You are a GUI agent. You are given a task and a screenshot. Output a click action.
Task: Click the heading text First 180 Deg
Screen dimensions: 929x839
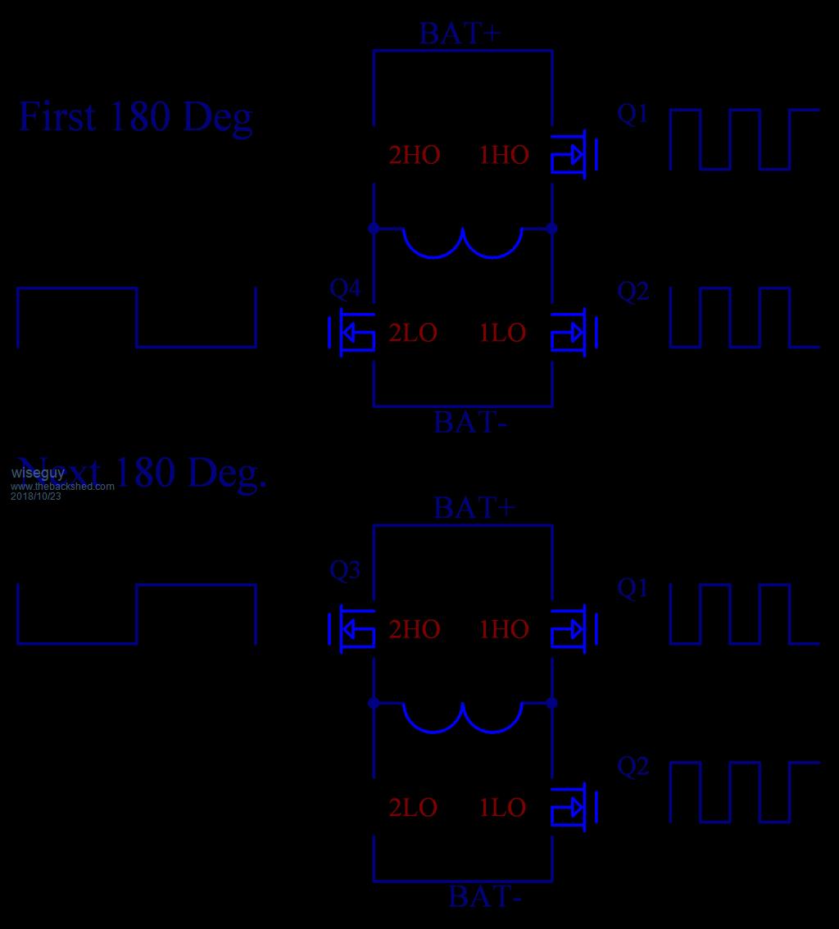(135, 117)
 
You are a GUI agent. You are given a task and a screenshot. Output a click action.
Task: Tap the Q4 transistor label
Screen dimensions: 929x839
(345, 288)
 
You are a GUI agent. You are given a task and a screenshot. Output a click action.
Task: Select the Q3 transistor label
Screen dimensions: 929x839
(345, 570)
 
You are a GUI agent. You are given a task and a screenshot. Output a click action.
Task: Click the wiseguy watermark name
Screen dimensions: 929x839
(38, 473)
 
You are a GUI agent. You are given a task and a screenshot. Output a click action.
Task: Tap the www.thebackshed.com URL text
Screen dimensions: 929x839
(62, 487)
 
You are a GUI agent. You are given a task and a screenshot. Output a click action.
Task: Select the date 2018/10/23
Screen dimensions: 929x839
(36, 496)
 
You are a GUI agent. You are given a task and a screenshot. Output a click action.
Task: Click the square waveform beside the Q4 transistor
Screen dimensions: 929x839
(137, 317)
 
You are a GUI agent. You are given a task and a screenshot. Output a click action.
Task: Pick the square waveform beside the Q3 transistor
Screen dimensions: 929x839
(137, 614)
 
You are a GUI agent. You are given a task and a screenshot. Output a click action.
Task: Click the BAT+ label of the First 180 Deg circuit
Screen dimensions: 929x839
(460, 34)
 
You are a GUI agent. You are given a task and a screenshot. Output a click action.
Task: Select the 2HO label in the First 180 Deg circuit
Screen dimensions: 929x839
(415, 155)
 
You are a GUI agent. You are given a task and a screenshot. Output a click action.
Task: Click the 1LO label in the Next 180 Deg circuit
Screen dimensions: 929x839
(502, 808)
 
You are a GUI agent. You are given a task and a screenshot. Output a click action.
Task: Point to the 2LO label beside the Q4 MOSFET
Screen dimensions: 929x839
(413, 333)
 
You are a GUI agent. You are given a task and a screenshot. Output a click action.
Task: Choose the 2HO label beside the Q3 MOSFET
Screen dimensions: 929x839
(415, 629)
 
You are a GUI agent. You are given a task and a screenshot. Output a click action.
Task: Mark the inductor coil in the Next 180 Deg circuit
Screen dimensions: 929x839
(463, 717)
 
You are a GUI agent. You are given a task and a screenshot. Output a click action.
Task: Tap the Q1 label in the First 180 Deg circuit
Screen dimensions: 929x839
(633, 114)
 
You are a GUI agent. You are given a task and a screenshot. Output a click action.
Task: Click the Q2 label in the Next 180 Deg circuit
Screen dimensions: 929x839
(633, 766)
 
